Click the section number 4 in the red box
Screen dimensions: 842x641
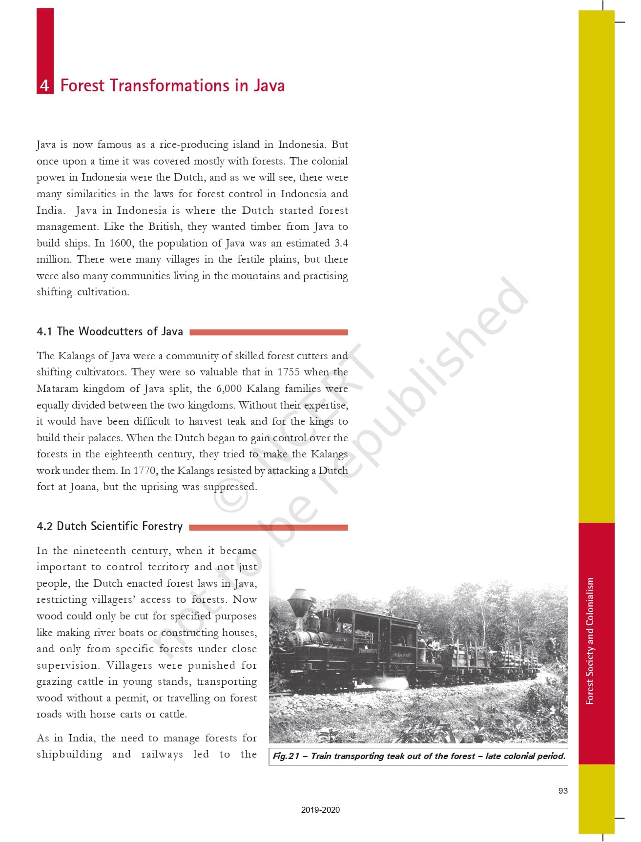pos(45,85)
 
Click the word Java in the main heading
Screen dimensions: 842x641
pos(269,85)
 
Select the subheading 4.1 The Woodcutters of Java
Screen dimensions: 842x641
pos(110,331)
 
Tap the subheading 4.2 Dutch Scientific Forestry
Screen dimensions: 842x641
pos(110,526)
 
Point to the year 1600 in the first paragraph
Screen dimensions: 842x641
pos(122,243)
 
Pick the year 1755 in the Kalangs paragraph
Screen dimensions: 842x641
pos(289,372)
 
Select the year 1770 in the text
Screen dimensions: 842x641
pos(145,471)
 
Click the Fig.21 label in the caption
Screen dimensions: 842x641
pos(286,756)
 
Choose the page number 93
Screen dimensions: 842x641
pos(563,791)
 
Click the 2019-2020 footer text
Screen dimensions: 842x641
pos(320,810)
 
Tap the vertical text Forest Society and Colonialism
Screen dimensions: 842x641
pos(590,640)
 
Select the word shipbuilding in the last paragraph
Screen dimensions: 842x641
pos(69,754)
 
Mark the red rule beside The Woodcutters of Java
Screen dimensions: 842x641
pos(269,332)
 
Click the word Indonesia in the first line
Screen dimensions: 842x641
pos(301,144)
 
